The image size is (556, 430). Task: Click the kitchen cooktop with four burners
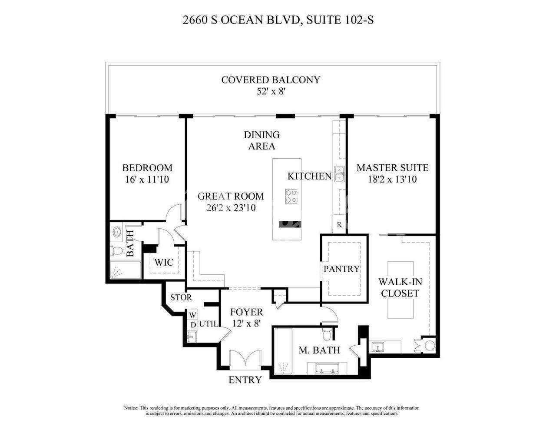tap(291, 197)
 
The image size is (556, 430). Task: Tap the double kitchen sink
tap(340, 174)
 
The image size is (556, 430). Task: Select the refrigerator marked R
tap(339, 225)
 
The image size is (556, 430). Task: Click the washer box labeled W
tap(193, 314)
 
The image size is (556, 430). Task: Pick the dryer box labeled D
tap(193, 325)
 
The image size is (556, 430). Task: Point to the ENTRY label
tap(245, 380)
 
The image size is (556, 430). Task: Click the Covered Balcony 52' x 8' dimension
tap(271, 91)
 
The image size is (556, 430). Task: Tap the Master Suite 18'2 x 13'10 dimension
tap(392, 179)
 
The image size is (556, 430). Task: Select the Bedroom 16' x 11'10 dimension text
tap(147, 180)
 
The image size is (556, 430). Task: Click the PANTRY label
tap(341, 269)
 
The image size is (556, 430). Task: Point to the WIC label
tap(164, 262)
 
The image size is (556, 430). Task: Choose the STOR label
tap(181, 297)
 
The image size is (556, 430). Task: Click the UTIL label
tap(208, 324)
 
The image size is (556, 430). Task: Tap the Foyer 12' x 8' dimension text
tap(246, 324)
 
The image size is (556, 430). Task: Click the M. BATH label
tap(319, 350)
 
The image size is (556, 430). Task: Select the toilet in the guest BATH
tap(116, 251)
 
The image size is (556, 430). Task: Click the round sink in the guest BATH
tap(117, 232)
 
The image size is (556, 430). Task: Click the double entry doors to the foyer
tap(245, 360)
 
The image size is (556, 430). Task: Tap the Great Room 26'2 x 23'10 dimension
tap(231, 208)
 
